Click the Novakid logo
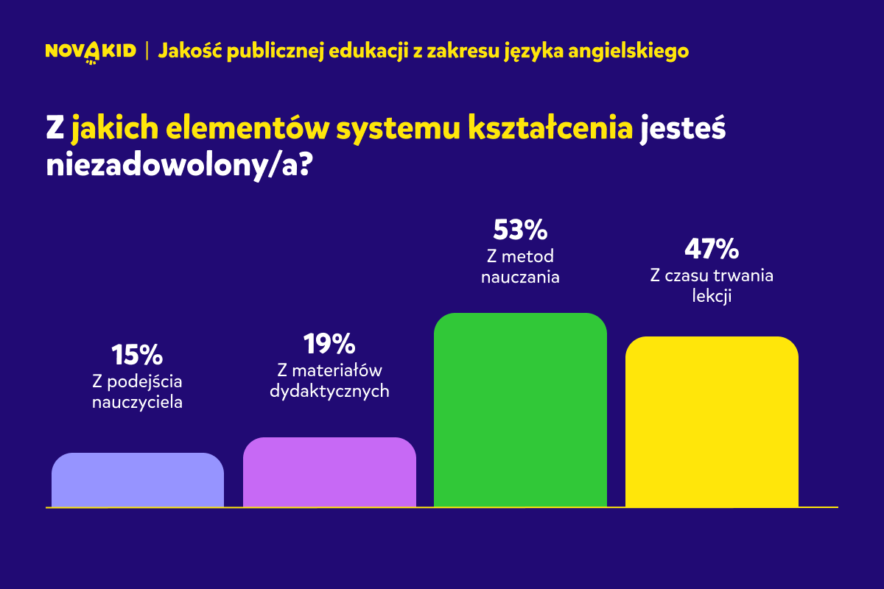point(91,52)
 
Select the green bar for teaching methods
point(520,410)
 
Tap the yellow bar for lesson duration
point(712,422)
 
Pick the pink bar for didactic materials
point(329,472)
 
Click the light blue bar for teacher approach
point(138,480)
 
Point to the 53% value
point(520,230)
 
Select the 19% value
point(329,343)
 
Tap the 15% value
point(137,356)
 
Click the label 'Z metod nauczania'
point(520,267)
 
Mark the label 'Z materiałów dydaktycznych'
point(329,381)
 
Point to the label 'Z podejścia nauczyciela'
point(137,392)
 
